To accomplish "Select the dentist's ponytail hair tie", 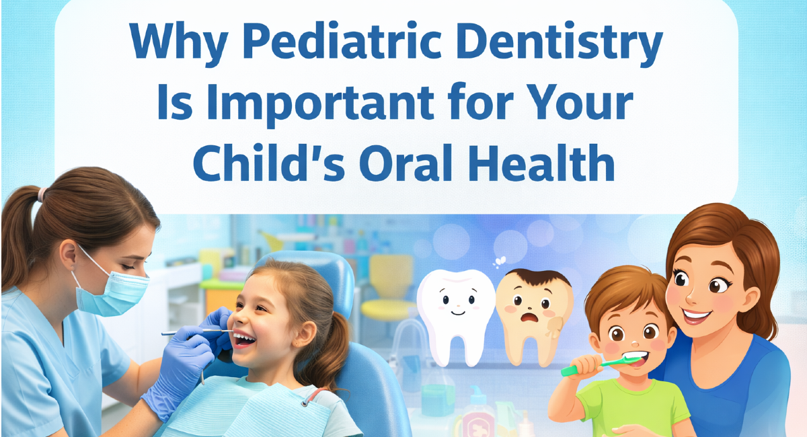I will pos(42,195).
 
